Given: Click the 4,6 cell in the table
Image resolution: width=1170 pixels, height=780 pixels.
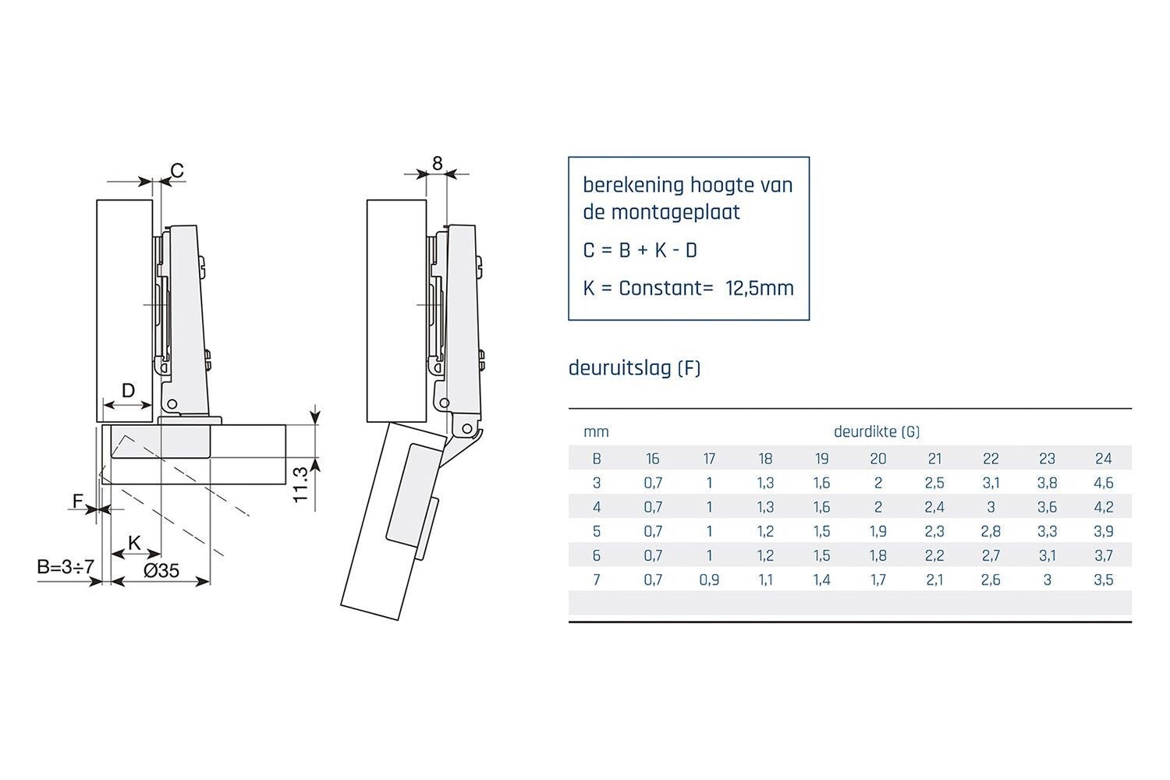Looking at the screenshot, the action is pyautogui.click(x=1103, y=483).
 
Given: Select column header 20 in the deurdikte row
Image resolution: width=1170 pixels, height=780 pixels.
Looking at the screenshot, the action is pyautogui.click(x=878, y=459).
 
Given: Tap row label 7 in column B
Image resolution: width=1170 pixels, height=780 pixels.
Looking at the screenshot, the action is pyautogui.click(x=597, y=580).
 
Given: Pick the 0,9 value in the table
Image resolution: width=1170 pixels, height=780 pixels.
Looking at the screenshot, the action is pyautogui.click(x=709, y=580).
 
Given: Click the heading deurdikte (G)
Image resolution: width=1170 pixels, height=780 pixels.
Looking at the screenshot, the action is pyautogui.click(x=877, y=431).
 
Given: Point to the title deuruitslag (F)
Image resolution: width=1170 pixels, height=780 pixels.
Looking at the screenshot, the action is pyautogui.click(x=634, y=368).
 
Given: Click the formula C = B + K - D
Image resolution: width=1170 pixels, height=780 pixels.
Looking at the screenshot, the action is pyautogui.click(x=640, y=251).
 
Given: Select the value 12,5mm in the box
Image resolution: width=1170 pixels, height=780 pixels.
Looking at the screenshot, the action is pyautogui.click(x=760, y=289).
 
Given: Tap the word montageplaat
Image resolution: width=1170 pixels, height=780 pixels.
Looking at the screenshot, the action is pyautogui.click(x=675, y=213).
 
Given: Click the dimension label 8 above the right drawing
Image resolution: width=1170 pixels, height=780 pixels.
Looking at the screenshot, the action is pyautogui.click(x=437, y=164).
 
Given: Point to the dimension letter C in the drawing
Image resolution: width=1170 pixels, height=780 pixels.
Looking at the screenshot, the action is pyautogui.click(x=177, y=171).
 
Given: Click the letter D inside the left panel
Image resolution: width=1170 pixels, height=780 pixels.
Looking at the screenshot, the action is pyautogui.click(x=128, y=390).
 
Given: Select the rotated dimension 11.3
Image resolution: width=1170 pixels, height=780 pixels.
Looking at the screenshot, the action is pyautogui.click(x=301, y=485).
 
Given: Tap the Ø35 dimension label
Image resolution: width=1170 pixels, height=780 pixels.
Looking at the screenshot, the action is pyautogui.click(x=161, y=571).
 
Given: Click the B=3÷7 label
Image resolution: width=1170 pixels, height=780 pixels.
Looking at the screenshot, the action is pyautogui.click(x=66, y=567).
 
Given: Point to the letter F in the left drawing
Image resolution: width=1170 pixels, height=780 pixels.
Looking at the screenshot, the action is pyautogui.click(x=77, y=501).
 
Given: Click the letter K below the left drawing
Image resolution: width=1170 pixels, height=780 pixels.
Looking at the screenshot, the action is pyautogui.click(x=134, y=543).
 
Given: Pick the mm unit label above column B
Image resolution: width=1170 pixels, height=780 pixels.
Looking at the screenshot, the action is pyautogui.click(x=596, y=432).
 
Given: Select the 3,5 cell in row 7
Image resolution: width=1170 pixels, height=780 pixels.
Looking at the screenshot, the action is pyautogui.click(x=1103, y=580).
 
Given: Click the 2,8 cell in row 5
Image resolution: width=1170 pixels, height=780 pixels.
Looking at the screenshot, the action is pyautogui.click(x=991, y=531).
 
